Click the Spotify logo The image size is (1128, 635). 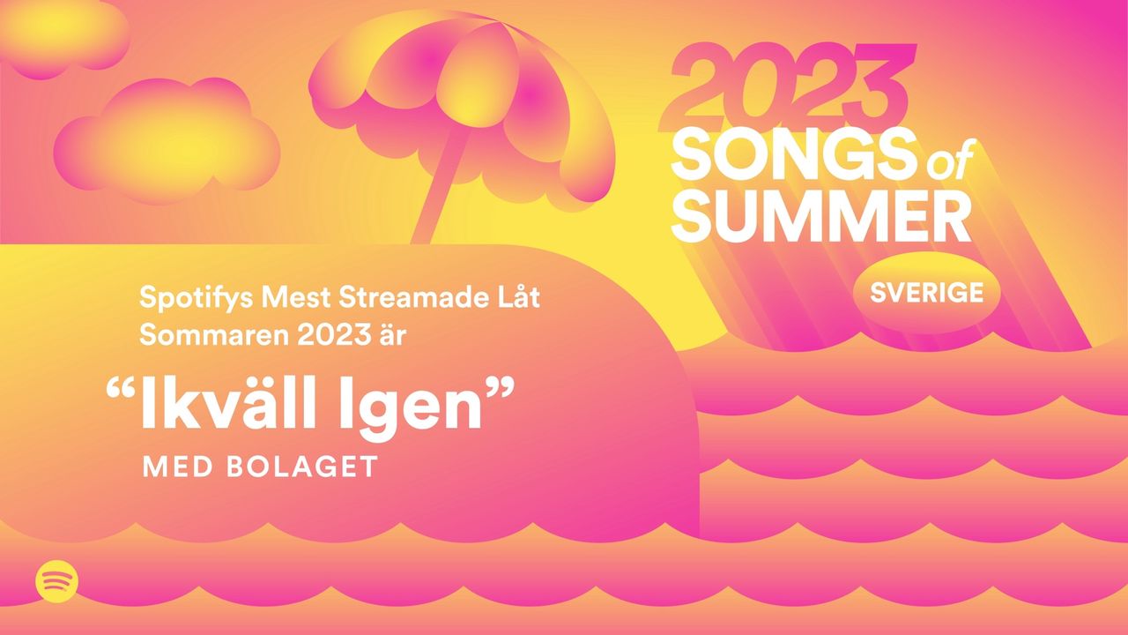tap(57, 580)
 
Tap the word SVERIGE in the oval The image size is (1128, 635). tap(926, 293)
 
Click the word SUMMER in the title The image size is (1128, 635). tap(820, 217)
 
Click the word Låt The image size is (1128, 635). tap(517, 297)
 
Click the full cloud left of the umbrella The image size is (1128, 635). tap(167, 141)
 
